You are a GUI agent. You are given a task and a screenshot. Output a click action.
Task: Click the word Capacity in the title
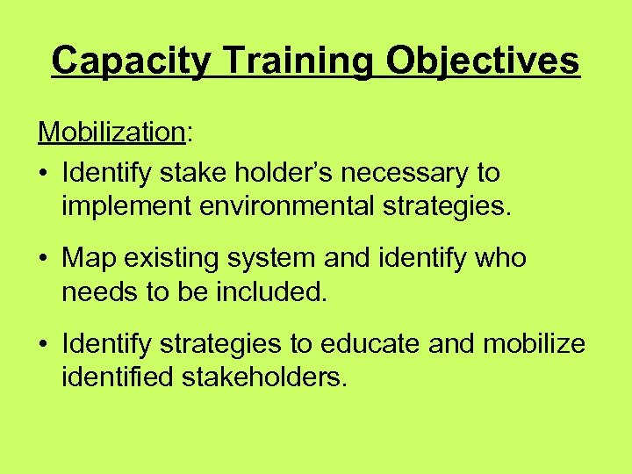[131, 61]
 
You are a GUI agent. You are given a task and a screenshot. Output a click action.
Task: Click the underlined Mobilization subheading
[111, 133]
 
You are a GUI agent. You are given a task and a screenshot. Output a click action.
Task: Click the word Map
[90, 258]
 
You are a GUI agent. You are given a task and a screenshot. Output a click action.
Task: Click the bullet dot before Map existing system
[44, 260]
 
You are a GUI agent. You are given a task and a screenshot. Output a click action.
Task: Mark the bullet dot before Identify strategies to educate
[44, 345]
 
